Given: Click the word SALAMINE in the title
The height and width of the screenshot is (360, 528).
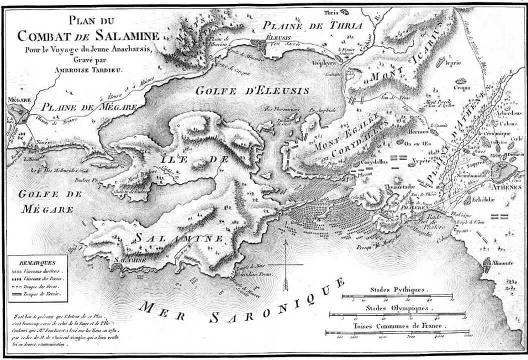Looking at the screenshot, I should [127, 36].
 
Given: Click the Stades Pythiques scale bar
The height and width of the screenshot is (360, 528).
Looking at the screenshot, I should [397, 296].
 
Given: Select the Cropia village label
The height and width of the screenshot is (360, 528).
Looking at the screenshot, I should [461, 88].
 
